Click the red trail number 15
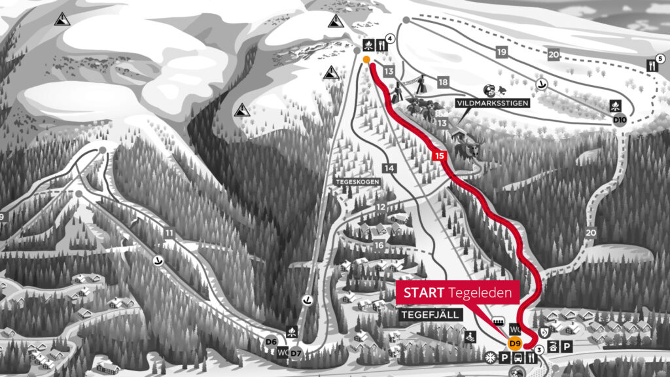click(x=440, y=155)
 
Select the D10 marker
click(x=620, y=120)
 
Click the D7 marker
click(x=296, y=353)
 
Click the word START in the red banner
click(x=424, y=293)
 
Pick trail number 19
click(x=502, y=51)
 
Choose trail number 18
click(x=443, y=82)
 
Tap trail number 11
click(x=169, y=233)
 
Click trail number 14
click(x=389, y=168)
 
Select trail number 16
click(x=379, y=245)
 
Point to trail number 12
click(x=380, y=207)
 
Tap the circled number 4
click(x=390, y=39)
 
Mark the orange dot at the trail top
click(x=366, y=60)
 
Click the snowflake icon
click(x=491, y=357)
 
